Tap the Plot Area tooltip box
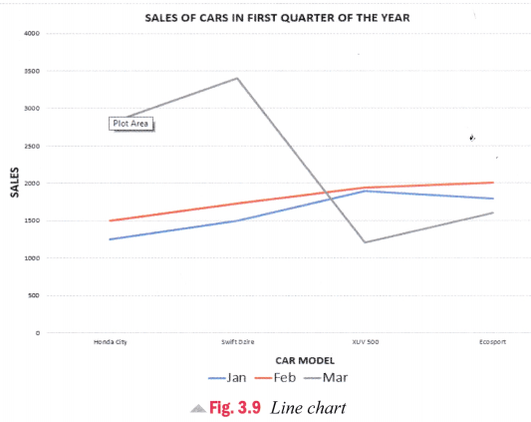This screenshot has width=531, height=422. click(x=132, y=124)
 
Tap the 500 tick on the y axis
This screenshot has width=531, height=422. click(x=33, y=295)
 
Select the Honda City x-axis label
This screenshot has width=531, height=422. click(x=110, y=342)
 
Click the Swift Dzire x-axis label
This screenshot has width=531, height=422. click(x=237, y=342)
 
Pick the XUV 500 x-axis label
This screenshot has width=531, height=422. click(x=365, y=342)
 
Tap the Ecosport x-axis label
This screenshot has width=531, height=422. click(x=492, y=342)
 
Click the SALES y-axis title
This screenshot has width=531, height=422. click(x=14, y=183)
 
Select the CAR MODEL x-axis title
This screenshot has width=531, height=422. click(x=304, y=360)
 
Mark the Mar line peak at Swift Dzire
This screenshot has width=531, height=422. click(x=237, y=78)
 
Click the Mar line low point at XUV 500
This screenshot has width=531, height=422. click(x=365, y=242)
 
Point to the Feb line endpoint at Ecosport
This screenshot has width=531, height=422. click(x=492, y=183)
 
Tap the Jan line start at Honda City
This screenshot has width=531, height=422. click(x=110, y=239)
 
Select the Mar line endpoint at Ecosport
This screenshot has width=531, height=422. click(x=492, y=212)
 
